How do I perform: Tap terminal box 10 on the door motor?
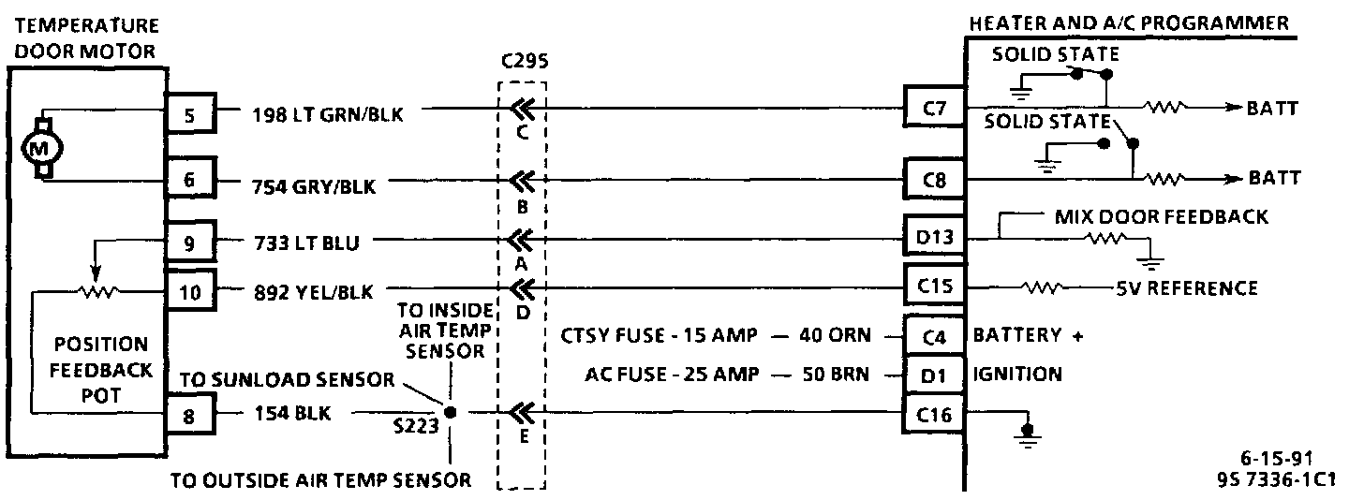pos(190,290)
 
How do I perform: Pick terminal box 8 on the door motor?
pos(190,414)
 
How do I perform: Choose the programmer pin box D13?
pos(933,238)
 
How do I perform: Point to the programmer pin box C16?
pos(933,413)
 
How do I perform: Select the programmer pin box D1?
pos(933,375)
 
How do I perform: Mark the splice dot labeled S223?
pos(450,412)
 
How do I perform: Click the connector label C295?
pos(525,63)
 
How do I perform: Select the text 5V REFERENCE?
pos(1188,287)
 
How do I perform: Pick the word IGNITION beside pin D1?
pos(1017,375)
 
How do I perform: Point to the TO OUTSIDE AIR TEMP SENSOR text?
pos(320,479)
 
